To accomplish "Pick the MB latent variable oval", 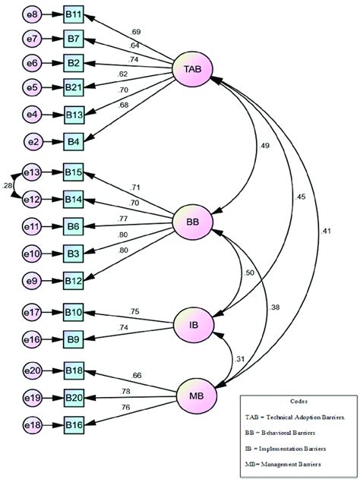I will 194,395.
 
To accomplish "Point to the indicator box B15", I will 74,174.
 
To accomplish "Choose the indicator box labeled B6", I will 74,226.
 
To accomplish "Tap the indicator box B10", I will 74,312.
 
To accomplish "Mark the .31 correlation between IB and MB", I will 241,359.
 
